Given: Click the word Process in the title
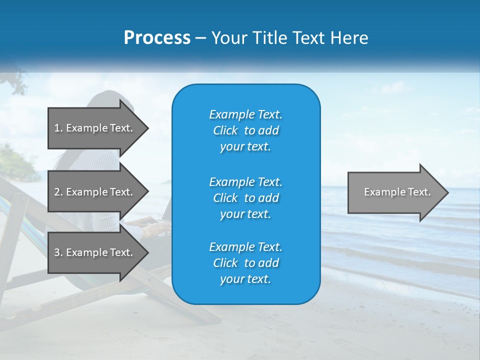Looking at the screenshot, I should point(157,38).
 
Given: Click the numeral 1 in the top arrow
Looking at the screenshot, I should point(56,128).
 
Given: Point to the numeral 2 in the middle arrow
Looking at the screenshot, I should point(57,192).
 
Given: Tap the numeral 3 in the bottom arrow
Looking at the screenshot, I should point(57,252).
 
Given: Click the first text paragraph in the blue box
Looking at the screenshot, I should point(245,130).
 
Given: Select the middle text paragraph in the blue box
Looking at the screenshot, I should point(245,197).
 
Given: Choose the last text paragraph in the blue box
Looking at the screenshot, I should point(245,263).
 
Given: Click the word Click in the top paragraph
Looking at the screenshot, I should point(225,130).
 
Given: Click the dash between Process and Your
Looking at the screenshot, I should point(200,38).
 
